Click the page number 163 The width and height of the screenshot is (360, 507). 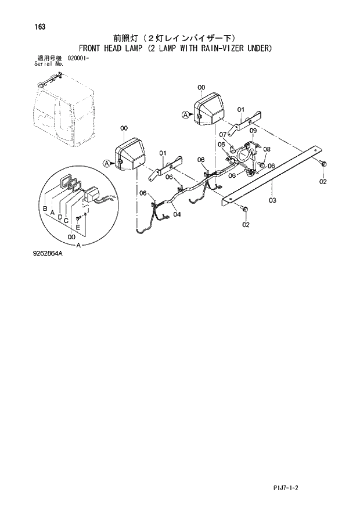tap(40, 27)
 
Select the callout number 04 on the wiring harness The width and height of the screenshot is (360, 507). tap(177, 214)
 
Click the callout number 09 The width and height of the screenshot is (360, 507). tap(253, 131)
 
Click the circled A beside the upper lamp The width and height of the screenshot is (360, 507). tap(185, 115)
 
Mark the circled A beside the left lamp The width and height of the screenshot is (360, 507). tap(107, 164)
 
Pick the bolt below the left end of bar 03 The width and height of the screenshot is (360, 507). tap(244, 208)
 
